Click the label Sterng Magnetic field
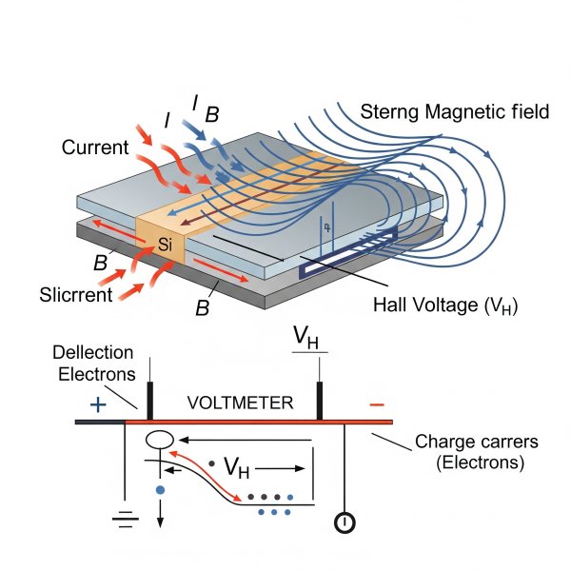(455, 112)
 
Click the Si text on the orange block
(165, 246)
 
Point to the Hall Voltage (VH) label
(446, 305)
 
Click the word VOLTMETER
(239, 403)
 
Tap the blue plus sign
(97, 404)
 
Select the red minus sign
(377, 404)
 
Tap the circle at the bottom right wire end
(345, 523)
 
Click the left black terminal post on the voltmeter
(150, 400)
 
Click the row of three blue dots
(275, 512)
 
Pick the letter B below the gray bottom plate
(202, 309)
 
